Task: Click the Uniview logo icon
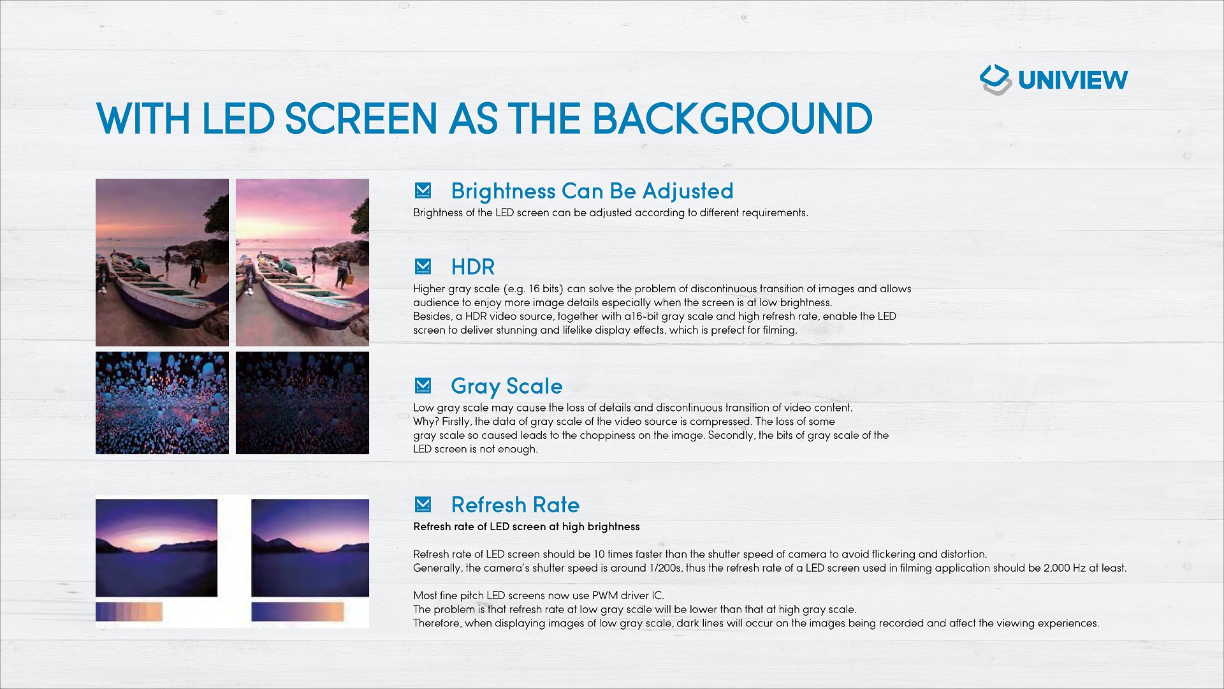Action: [x=996, y=80]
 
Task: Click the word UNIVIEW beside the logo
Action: [x=1073, y=80]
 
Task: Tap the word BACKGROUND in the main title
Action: [x=732, y=119]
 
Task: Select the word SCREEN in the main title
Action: [x=361, y=119]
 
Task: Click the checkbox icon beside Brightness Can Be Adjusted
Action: [x=423, y=190]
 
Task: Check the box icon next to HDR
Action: [x=423, y=266]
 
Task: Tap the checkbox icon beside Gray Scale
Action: [x=423, y=385]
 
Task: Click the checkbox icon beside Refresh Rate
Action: [x=423, y=504]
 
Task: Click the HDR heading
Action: [x=473, y=267]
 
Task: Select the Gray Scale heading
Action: [x=507, y=387]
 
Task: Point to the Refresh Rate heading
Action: [x=515, y=505]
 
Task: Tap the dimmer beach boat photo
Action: [x=162, y=262]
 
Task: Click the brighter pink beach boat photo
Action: [x=302, y=262]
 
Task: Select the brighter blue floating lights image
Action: [x=162, y=403]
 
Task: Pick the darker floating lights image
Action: [x=302, y=403]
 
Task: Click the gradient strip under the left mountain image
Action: [x=129, y=612]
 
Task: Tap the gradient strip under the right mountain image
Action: [x=298, y=612]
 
